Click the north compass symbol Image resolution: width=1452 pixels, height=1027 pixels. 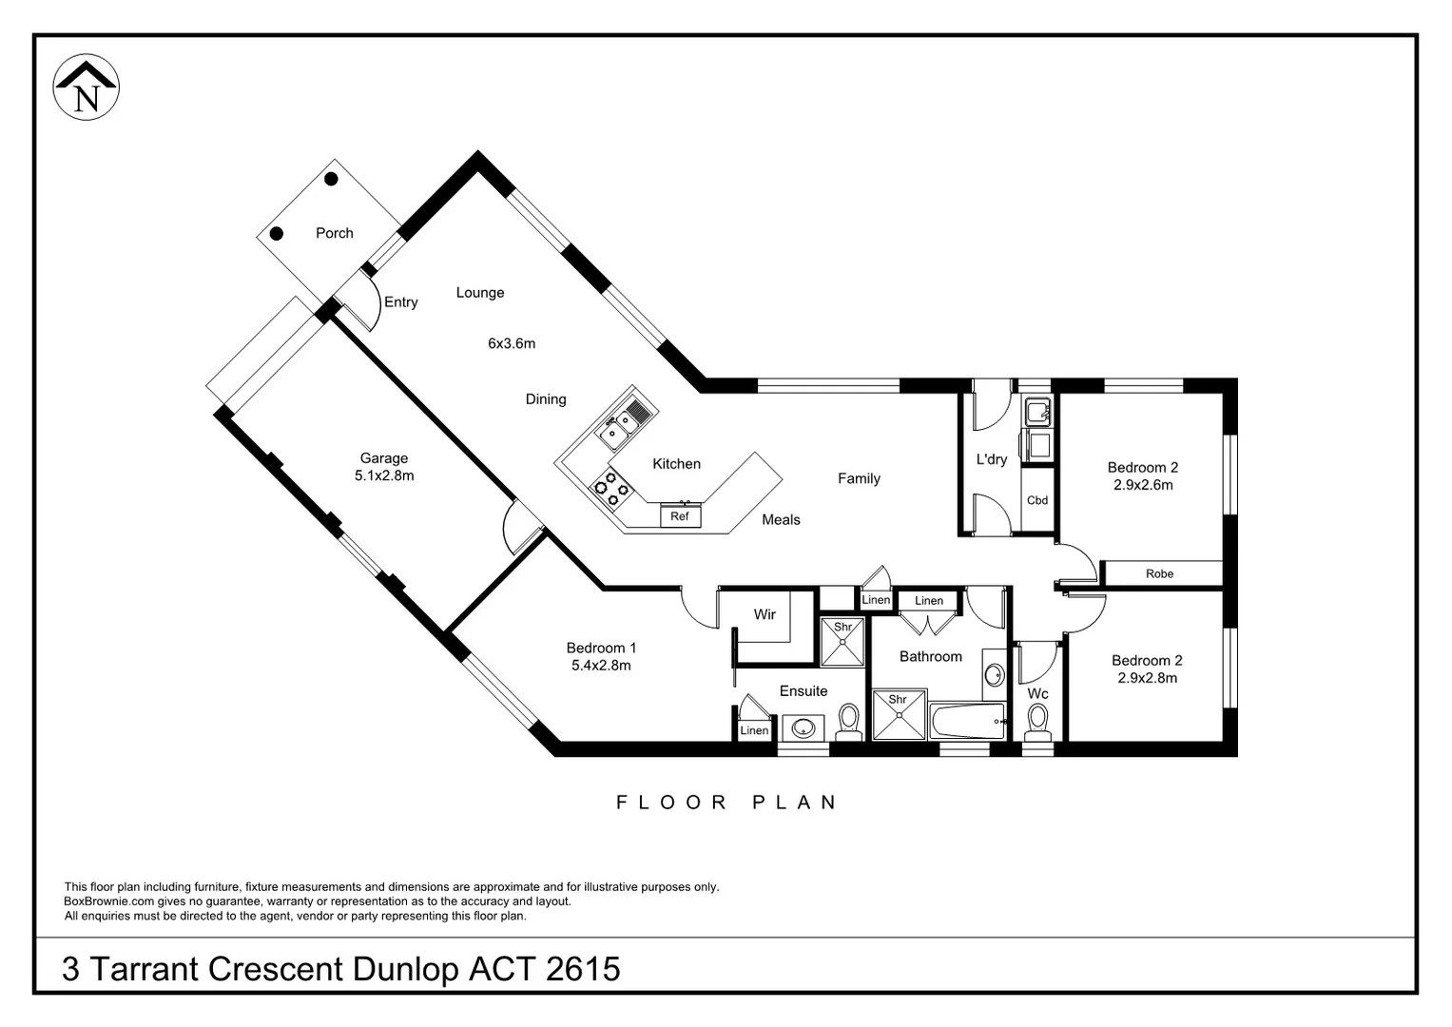click(87, 87)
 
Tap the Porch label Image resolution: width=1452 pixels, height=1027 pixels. click(335, 233)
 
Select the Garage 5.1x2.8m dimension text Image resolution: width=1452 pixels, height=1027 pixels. click(384, 475)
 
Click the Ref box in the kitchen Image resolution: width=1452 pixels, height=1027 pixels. click(680, 516)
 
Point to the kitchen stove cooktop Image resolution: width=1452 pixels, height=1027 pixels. click(610, 487)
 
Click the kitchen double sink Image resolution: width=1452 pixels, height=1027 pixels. click(620, 423)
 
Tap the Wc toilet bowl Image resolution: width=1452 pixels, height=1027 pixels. click(1037, 722)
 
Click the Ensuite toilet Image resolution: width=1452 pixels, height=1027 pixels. click(848, 722)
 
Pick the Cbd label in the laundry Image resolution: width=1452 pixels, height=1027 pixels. click(1037, 500)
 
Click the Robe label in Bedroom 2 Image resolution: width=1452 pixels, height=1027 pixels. click(1160, 573)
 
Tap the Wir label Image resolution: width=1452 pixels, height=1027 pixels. click(765, 614)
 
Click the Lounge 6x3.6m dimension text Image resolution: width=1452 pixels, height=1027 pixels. click(512, 343)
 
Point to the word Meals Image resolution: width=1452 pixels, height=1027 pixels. click(781, 519)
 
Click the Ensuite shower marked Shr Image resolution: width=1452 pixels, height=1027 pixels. click(842, 642)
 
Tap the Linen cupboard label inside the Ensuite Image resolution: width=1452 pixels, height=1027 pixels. click(754, 730)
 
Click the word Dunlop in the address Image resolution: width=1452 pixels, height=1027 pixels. click(406, 969)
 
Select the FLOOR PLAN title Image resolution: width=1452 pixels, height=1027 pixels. click(726, 802)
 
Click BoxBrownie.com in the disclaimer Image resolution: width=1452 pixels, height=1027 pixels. click(109, 901)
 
